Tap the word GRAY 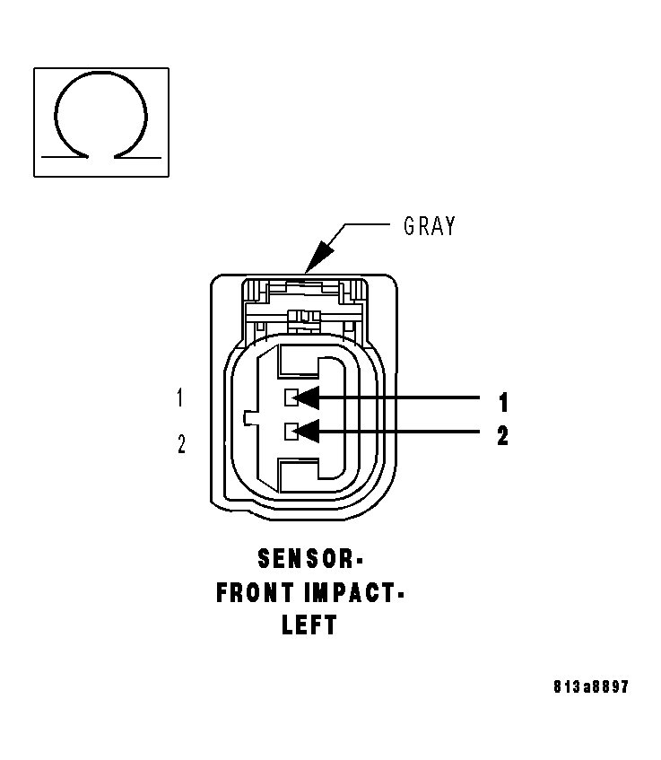[429, 225]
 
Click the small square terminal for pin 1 [291, 397]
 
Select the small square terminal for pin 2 [291, 432]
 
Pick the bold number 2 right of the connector [502, 436]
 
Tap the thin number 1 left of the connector [181, 398]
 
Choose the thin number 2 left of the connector [181, 443]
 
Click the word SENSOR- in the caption [309, 559]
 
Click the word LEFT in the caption [309, 625]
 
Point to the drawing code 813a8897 [590, 687]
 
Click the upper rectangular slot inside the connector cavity [300, 363]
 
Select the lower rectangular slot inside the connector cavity [300, 474]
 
